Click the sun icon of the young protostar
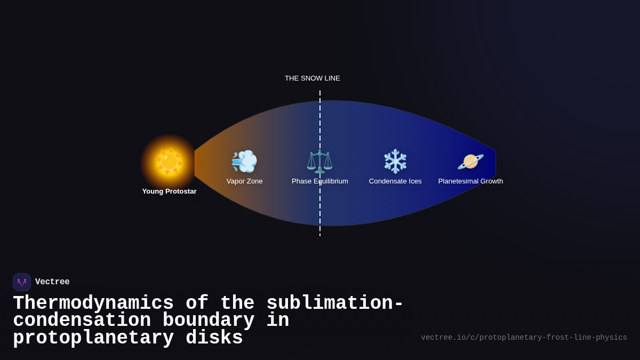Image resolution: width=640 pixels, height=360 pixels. click(169, 161)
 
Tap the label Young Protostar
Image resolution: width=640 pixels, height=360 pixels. click(169, 191)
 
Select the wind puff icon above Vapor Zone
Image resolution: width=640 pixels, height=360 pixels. click(244, 161)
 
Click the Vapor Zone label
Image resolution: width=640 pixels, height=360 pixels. click(244, 181)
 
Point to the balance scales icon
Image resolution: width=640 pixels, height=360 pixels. click(319, 161)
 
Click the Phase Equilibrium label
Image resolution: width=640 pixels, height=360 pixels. click(319, 181)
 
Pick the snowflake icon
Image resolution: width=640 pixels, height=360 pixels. click(395, 161)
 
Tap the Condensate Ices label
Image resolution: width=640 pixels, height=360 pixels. click(395, 181)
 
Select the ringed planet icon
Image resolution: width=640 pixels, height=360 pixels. click(470, 161)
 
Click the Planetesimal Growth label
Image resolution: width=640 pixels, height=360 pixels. click(470, 181)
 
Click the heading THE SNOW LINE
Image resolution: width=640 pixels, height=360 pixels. click(312, 78)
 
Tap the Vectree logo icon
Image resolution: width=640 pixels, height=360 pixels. click(22, 282)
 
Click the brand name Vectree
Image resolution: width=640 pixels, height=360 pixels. click(52, 282)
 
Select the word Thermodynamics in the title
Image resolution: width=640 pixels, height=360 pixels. click(93, 303)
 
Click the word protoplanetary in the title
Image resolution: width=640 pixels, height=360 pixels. click(93, 338)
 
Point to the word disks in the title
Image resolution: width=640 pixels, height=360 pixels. click(214, 338)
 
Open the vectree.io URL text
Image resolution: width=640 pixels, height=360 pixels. click(524, 338)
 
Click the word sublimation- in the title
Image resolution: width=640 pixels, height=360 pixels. click(335, 303)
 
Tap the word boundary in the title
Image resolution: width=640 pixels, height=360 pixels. click(209, 321)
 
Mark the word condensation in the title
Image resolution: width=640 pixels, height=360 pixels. click(82, 321)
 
